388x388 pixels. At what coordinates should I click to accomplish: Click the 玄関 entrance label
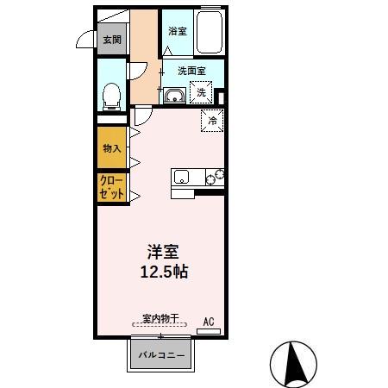112,40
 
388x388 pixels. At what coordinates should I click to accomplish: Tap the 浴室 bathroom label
178,31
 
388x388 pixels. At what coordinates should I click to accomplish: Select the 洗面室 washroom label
191,71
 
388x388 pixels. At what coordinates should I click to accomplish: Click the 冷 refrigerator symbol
212,121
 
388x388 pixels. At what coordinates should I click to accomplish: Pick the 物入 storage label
112,148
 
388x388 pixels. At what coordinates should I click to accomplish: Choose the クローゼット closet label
112,189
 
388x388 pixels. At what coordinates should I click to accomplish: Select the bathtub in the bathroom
210,34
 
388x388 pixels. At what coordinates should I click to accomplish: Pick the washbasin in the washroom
174,95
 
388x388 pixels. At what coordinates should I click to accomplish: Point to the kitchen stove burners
214,178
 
